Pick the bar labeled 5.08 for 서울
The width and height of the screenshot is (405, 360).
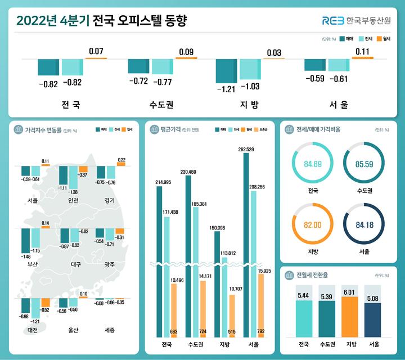[x=372, y=319]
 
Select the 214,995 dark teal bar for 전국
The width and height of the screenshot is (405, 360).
[x=159, y=259]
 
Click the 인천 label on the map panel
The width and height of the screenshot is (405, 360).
[x=73, y=201]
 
